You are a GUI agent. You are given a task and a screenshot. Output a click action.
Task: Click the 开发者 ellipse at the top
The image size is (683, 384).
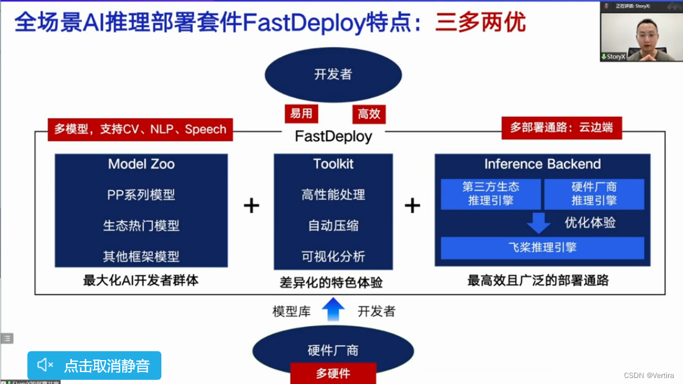(333, 75)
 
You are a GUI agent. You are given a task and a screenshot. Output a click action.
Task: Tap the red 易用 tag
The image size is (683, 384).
(301, 114)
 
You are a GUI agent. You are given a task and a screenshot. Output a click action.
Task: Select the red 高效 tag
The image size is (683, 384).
(369, 114)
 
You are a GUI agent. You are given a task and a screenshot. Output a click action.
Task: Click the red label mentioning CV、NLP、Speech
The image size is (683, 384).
(140, 129)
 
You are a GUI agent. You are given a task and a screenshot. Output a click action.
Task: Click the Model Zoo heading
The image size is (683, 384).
(141, 164)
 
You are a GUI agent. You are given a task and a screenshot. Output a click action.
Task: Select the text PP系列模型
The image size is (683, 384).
(141, 195)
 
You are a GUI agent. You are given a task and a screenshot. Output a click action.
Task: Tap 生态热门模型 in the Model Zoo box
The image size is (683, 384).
(141, 226)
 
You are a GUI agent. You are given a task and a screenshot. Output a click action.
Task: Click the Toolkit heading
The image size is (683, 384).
(333, 164)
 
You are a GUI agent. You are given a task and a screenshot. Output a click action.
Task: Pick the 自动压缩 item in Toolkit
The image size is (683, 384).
(333, 226)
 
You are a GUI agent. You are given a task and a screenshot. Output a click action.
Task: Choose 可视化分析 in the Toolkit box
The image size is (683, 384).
(333, 257)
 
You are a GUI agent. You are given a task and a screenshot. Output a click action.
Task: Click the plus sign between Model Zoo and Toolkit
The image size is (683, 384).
(251, 206)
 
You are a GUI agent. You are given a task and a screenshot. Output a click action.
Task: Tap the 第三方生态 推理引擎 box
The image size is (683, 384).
(491, 194)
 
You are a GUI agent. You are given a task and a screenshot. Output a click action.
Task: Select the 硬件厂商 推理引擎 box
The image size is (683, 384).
(594, 194)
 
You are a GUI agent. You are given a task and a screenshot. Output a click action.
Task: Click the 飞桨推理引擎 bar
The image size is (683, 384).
(542, 247)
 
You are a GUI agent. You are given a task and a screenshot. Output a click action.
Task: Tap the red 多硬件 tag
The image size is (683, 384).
(333, 373)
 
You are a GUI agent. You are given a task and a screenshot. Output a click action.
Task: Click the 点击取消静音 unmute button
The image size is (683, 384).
(94, 365)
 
